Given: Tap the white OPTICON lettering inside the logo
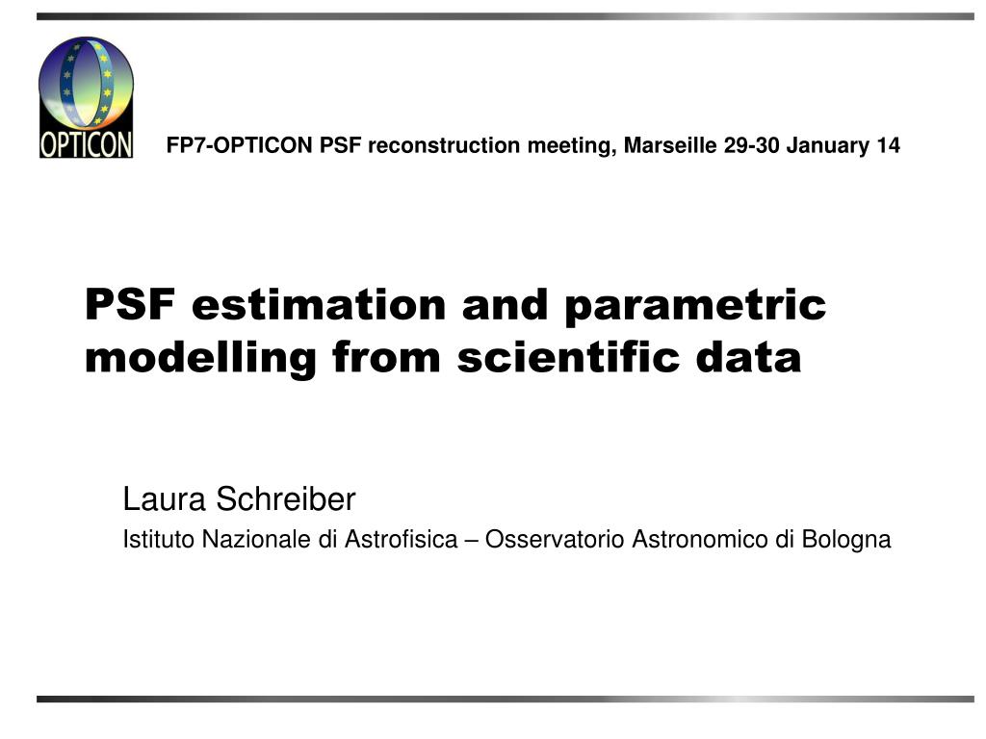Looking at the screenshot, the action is click(86, 144).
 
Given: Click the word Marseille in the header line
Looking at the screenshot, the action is click(670, 145).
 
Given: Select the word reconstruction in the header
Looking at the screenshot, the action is click(444, 145).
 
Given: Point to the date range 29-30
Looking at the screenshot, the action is click(751, 145).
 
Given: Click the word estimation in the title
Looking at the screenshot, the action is click(319, 304).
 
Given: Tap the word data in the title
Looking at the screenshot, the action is click(748, 357).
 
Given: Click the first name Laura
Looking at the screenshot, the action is click(164, 499).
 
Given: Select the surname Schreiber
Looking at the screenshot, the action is click(286, 499).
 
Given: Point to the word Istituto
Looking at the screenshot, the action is click(159, 539).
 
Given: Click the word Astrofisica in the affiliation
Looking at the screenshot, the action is click(402, 539).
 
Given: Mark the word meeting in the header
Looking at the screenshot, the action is click(572, 146).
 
